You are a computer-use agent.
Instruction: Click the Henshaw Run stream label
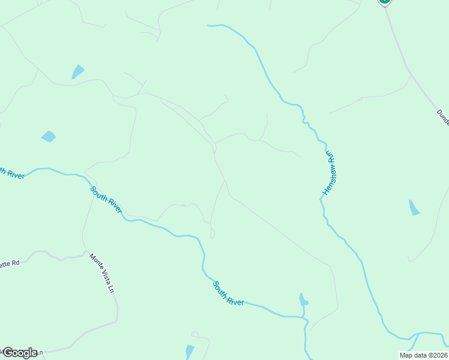329,173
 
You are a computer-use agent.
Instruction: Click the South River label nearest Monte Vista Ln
106,200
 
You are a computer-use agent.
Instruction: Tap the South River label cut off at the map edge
11,173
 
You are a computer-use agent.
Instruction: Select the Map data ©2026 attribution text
423,355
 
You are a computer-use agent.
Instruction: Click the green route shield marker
384,2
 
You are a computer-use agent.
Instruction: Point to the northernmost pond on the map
77,72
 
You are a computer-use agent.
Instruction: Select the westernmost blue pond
48,137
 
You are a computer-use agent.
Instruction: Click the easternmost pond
414,208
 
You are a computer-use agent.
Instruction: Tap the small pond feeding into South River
303,299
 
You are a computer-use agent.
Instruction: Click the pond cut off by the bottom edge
190,352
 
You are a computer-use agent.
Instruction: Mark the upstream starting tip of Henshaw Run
209,26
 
